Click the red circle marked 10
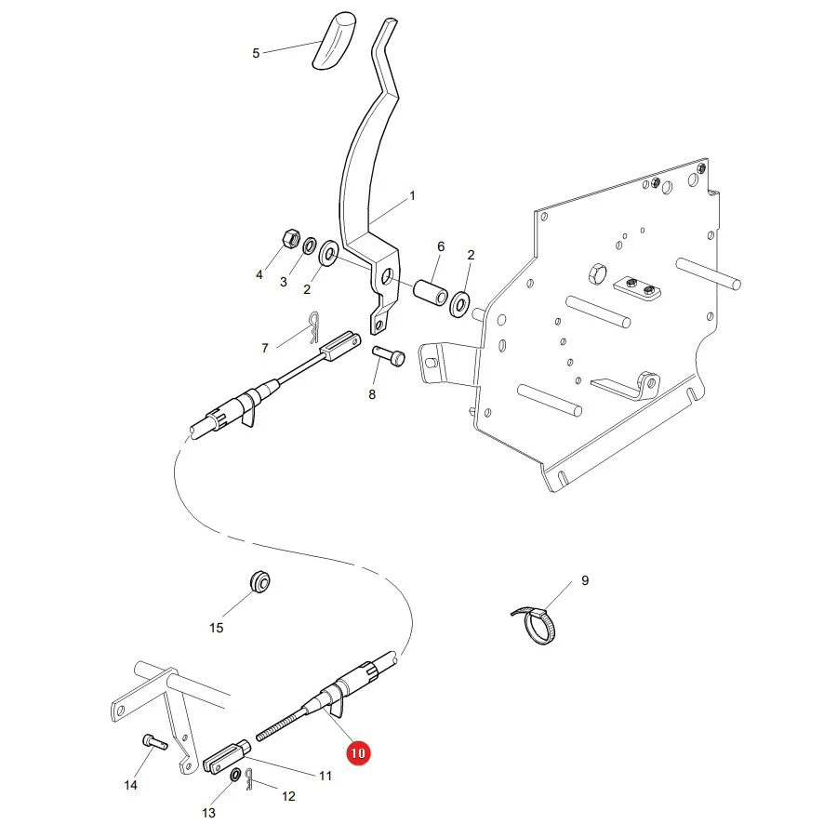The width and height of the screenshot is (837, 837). coord(358,753)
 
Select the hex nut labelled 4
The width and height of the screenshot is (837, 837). coord(290,238)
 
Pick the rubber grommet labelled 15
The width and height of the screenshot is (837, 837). coord(260,582)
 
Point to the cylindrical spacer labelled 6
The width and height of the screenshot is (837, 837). coord(431,292)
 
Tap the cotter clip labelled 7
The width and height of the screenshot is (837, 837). coord(313,327)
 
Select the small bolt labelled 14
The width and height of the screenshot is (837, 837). coord(154,742)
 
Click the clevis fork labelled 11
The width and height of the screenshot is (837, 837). coord(227,755)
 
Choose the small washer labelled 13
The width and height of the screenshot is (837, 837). coord(235,775)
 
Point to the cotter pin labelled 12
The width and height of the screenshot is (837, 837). coord(248,779)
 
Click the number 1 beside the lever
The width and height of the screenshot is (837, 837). coord(412,196)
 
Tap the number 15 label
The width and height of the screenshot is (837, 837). coord(216,628)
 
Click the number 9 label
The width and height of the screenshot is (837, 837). coord(585,580)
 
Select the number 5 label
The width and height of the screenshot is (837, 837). coord(256,53)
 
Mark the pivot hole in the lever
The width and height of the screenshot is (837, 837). coord(388,276)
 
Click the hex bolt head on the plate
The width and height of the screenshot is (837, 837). coord(597,273)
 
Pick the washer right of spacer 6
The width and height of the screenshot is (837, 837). coord(459,304)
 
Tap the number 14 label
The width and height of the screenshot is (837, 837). coord(131,785)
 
